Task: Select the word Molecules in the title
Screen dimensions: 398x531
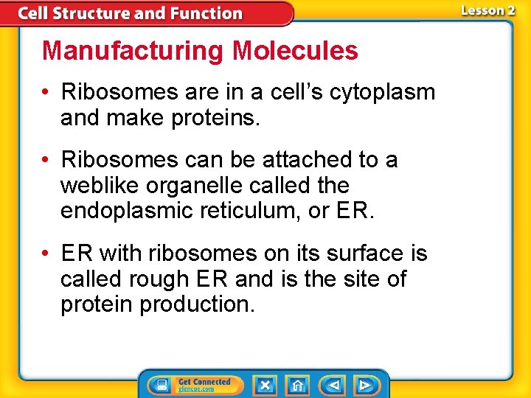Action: pyautogui.click(x=295, y=51)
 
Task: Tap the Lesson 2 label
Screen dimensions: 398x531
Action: pyautogui.click(x=487, y=10)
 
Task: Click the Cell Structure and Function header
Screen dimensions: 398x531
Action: pyautogui.click(x=130, y=13)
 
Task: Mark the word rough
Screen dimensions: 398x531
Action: pyautogui.click(x=164, y=279)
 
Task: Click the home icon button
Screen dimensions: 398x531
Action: pyautogui.click(x=296, y=385)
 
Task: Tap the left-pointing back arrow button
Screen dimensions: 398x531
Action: pyautogui.click(x=333, y=385)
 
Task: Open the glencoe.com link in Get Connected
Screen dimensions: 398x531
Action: pyautogui.click(x=196, y=389)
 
